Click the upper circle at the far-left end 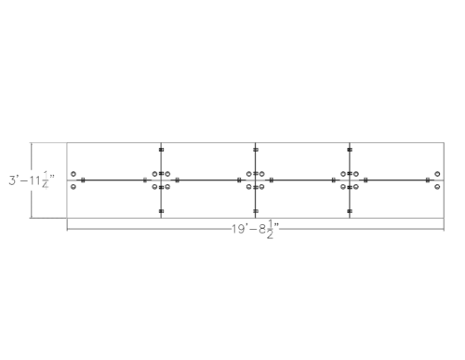(73, 174)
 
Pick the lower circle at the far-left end (73, 186)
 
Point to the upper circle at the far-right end (437, 174)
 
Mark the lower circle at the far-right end (437, 186)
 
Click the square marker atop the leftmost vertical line (161, 149)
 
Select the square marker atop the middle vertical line (256, 149)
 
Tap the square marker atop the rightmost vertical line (350, 149)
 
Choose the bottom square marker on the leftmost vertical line (161, 211)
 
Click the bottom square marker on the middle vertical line (256, 211)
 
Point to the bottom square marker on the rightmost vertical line (350, 211)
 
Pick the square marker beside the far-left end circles (83, 180)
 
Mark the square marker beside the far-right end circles (428, 180)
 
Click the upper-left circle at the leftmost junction (155, 174)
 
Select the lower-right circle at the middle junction (262, 186)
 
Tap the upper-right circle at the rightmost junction (356, 174)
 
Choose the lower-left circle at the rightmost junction (343, 186)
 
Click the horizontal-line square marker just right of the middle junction (271, 180)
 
